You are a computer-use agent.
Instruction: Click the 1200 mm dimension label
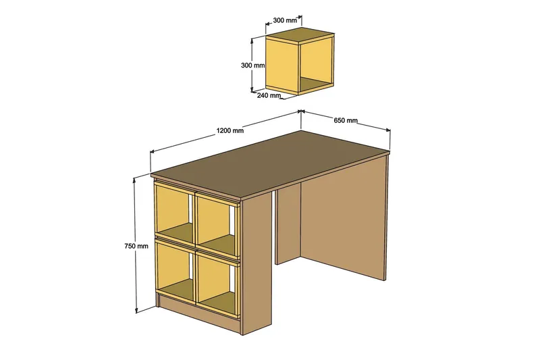(230, 130)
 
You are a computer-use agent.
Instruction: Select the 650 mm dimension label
(346, 121)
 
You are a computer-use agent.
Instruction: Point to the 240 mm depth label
(269, 95)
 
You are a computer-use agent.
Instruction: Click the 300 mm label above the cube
(285, 21)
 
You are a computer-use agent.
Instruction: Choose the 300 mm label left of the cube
(252, 66)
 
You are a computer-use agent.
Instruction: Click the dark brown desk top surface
(270, 163)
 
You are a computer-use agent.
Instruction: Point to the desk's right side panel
(344, 223)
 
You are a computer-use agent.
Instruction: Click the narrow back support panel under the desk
(287, 226)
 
